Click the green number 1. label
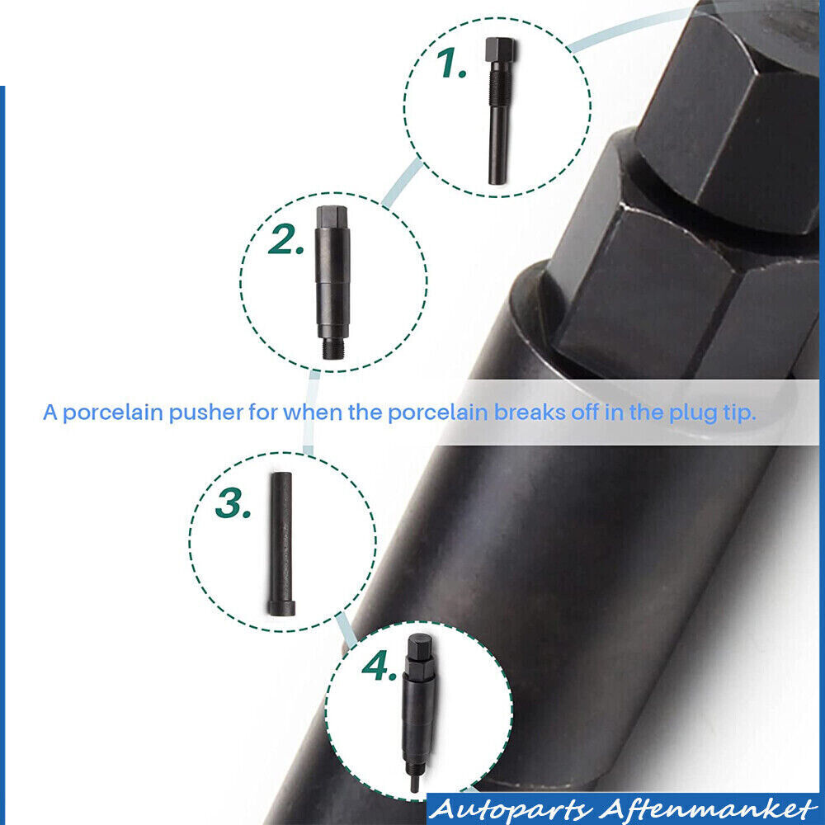[x=451, y=64]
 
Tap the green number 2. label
[x=285, y=239]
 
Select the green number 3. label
[x=233, y=503]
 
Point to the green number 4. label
[x=379, y=666]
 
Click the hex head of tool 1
[x=500, y=49]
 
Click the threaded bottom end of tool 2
[x=332, y=349]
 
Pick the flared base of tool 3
[x=281, y=609]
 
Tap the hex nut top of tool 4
[x=420, y=648]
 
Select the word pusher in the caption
[x=206, y=413]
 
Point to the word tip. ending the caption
[x=740, y=413]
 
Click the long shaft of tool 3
[x=281, y=537]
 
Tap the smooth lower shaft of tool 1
[x=497, y=144]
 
